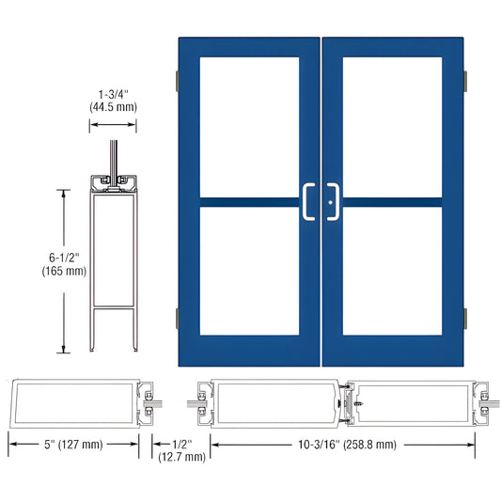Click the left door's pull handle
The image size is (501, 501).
pyautogui.click(x=307, y=201)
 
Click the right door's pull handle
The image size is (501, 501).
pyautogui.click(x=333, y=201)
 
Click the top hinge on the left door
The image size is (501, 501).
pyautogui.click(x=175, y=83)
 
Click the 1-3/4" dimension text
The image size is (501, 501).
pyautogui.click(x=113, y=94)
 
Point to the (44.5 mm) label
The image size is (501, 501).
pyautogui.click(x=113, y=108)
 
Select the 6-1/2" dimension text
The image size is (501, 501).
pyautogui.click(x=64, y=256)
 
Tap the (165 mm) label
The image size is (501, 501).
pyautogui.click(x=64, y=271)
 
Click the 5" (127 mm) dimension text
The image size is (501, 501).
pyautogui.click(x=74, y=445)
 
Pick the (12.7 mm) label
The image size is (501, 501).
pyautogui.click(x=182, y=458)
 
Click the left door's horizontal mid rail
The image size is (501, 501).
pyautogui.click(x=249, y=201)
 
